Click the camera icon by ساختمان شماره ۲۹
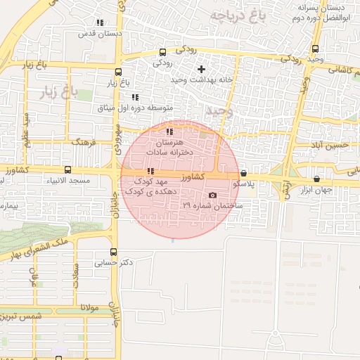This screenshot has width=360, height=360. (212, 195)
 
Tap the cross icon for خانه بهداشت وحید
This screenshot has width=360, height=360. (202, 69)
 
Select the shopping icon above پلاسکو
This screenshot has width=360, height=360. (243, 173)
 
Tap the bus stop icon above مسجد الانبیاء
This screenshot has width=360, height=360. (67, 169)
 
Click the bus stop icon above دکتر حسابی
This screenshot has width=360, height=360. (113, 252)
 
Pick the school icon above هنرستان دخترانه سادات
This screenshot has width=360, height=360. (169, 131)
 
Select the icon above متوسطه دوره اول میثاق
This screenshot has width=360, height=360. (134, 97)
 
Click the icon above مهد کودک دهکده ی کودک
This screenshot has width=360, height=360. (150, 172)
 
